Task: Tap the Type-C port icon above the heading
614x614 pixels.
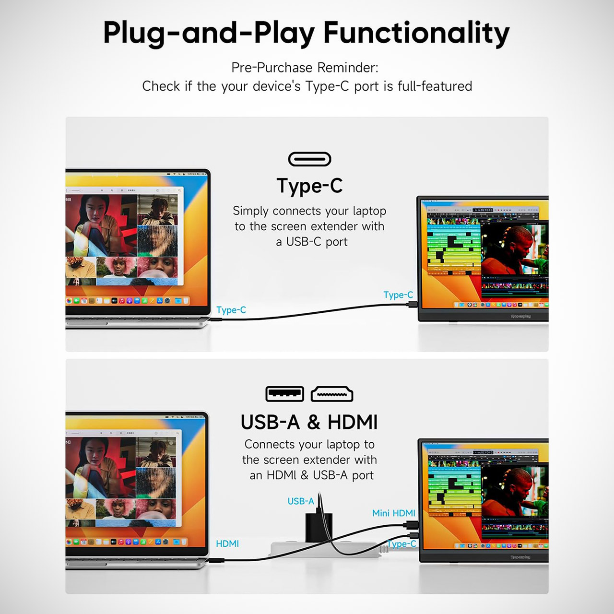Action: (309, 159)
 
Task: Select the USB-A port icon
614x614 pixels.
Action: (284, 394)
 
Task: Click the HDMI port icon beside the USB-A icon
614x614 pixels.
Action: (332, 394)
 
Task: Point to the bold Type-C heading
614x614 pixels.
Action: (309, 186)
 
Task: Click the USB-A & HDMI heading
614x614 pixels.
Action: (309, 422)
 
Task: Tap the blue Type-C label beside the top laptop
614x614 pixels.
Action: (231, 310)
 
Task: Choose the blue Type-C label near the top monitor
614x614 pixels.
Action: (398, 295)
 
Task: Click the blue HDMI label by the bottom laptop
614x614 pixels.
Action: (227, 543)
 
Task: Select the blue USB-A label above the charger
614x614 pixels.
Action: (300, 501)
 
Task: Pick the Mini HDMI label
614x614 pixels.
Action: (393, 513)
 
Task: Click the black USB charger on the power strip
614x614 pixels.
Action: (319, 527)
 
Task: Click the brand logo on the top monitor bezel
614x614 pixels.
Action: (520, 316)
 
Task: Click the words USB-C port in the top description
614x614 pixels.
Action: (317, 242)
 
